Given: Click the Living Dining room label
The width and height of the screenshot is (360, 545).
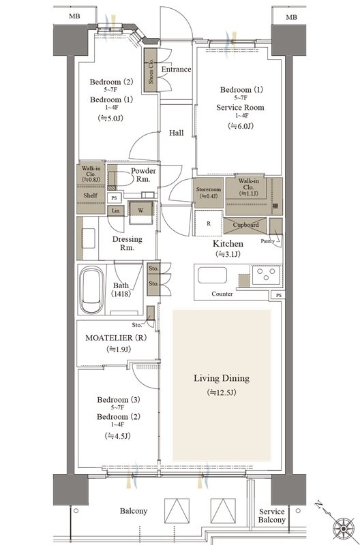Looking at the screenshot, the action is [222, 378].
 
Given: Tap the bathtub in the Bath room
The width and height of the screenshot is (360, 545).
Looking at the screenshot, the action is [91, 290].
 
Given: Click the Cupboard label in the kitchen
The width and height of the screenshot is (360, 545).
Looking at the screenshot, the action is [245, 225].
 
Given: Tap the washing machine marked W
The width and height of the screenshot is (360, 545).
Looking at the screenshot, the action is [141, 210].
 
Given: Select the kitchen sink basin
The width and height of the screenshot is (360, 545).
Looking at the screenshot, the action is [213, 275].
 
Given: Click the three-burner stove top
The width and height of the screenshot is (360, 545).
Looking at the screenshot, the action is [266, 274].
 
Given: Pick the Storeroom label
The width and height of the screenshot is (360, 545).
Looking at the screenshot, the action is [209, 189].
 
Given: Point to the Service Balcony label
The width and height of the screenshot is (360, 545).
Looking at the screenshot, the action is [271, 516].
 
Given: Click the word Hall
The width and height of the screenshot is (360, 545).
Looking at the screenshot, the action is [177, 133].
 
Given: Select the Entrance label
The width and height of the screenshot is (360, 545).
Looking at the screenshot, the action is [176, 69].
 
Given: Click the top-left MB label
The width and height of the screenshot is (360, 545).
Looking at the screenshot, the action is [74, 16].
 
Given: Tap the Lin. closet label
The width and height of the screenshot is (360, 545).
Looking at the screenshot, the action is [116, 211].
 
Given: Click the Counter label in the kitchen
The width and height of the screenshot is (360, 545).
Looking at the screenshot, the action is [222, 294].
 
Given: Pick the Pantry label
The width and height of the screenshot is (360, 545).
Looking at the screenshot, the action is [268, 241].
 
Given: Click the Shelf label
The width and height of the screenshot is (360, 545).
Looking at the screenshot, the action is [91, 196].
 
